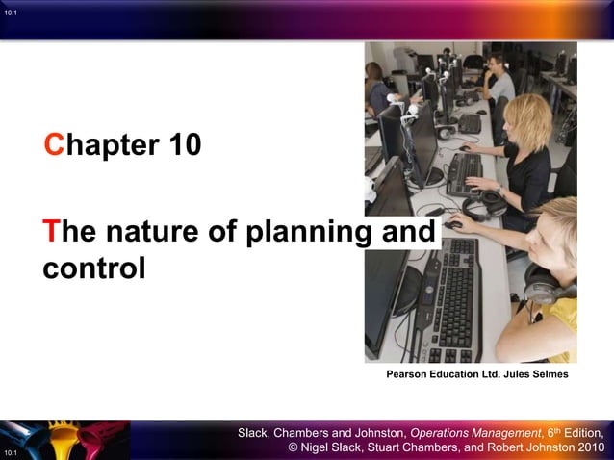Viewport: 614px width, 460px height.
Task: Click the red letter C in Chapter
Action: [55, 146]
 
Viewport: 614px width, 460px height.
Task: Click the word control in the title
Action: [93, 267]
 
